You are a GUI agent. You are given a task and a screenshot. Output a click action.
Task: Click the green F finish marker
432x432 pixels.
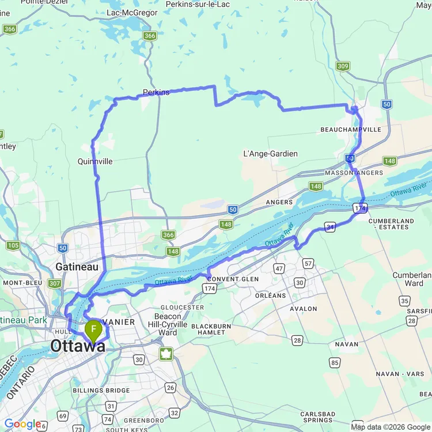(x=93, y=329)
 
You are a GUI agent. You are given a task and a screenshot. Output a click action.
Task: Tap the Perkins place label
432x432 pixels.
(x=156, y=92)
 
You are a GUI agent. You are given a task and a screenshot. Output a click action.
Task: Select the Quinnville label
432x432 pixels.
(x=95, y=162)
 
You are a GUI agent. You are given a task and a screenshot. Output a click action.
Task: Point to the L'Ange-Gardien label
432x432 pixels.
(x=271, y=154)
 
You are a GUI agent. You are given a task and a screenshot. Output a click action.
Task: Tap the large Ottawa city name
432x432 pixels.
(x=78, y=346)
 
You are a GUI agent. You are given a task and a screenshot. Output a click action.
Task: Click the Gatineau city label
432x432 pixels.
(x=78, y=267)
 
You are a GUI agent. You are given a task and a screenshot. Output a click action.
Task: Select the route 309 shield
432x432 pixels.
(x=343, y=67)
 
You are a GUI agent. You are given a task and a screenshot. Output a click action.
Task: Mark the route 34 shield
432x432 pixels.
(x=330, y=229)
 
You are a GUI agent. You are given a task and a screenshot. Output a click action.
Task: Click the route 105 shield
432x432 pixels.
(x=13, y=246)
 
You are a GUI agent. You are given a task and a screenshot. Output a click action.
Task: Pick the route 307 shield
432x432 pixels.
(x=55, y=283)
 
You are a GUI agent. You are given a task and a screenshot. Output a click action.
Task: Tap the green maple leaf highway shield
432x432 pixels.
(x=166, y=353)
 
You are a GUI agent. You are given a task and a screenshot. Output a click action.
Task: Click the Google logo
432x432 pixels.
(x=22, y=424)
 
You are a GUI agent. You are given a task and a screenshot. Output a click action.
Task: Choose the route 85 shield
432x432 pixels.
(x=334, y=363)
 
